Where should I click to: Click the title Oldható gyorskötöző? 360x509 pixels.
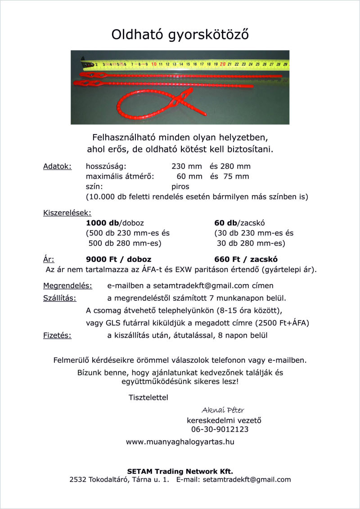(x=180, y=34)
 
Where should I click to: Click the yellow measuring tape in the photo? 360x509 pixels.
(x=189, y=64)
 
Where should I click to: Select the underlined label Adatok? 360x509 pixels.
(x=57, y=166)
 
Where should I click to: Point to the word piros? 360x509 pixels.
(x=180, y=186)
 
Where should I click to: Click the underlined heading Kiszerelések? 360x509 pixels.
(x=67, y=212)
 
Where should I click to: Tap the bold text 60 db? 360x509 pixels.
(x=226, y=223)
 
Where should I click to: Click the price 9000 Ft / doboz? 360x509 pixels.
(x=118, y=259)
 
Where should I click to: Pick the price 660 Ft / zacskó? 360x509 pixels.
(x=246, y=259)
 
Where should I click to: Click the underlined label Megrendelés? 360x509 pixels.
(x=67, y=286)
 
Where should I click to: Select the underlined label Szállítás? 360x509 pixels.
(x=60, y=298)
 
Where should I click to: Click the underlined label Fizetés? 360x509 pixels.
(x=57, y=335)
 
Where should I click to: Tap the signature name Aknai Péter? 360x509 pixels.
(x=223, y=410)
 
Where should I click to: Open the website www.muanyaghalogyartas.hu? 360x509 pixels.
(x=180, y=442)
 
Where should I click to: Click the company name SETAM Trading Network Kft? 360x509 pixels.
(x=180, y=471)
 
